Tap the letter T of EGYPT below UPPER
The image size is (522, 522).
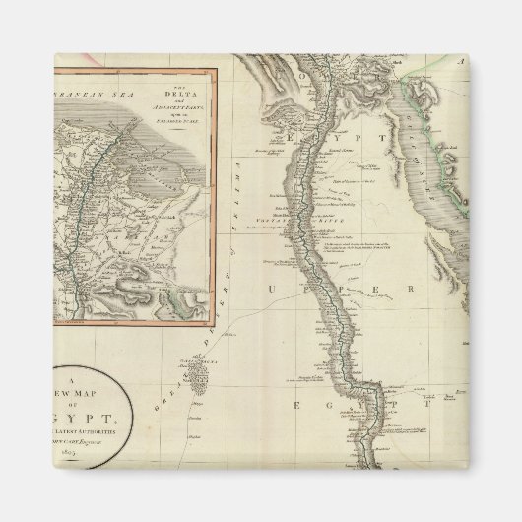(429, 404)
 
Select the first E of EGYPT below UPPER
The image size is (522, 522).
(294, 405)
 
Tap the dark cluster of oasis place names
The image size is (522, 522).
(197, 372)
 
